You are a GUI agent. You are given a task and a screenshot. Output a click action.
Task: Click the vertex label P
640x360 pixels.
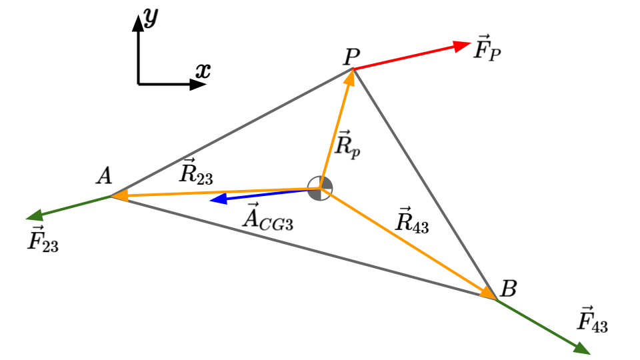[351, 57]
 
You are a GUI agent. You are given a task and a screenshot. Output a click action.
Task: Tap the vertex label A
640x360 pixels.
[104, 176]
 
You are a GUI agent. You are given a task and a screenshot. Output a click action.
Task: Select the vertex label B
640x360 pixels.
[508, 289]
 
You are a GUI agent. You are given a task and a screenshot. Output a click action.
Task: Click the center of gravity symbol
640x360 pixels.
[320, 188]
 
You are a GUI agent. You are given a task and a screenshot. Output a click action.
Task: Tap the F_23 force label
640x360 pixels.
[43, 239]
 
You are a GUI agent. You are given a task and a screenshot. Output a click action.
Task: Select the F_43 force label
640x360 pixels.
[592, 319]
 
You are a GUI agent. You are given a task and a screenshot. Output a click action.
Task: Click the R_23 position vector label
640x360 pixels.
[196, 171]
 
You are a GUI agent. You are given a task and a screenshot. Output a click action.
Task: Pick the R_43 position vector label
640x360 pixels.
[412, 221]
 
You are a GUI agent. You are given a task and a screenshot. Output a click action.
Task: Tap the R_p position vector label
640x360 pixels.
[347, 145]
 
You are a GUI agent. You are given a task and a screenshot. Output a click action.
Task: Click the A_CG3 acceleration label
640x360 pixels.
[268, 217]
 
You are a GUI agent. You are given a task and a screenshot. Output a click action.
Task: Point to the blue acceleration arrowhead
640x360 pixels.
[218, 199]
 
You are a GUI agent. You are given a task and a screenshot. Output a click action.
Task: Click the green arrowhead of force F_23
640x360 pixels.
[34, 215]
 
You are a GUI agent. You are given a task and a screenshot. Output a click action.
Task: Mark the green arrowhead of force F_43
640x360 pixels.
[582, 349]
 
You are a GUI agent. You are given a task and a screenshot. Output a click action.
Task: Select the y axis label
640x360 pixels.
[151, 17]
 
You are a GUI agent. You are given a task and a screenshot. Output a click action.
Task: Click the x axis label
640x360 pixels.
[203, 71]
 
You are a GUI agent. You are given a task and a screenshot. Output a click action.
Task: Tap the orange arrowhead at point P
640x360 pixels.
[349, 77]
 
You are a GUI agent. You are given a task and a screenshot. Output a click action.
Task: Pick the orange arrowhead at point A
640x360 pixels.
[119, 196]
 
